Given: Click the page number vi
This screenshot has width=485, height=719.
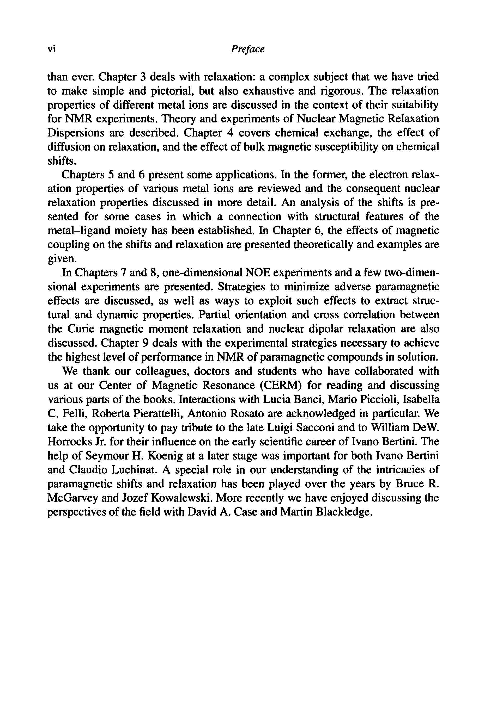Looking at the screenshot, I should coord(51,49).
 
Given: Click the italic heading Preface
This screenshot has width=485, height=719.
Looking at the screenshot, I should coord(247,49).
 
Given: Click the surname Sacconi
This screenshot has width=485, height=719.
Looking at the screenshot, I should coord(290,428).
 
